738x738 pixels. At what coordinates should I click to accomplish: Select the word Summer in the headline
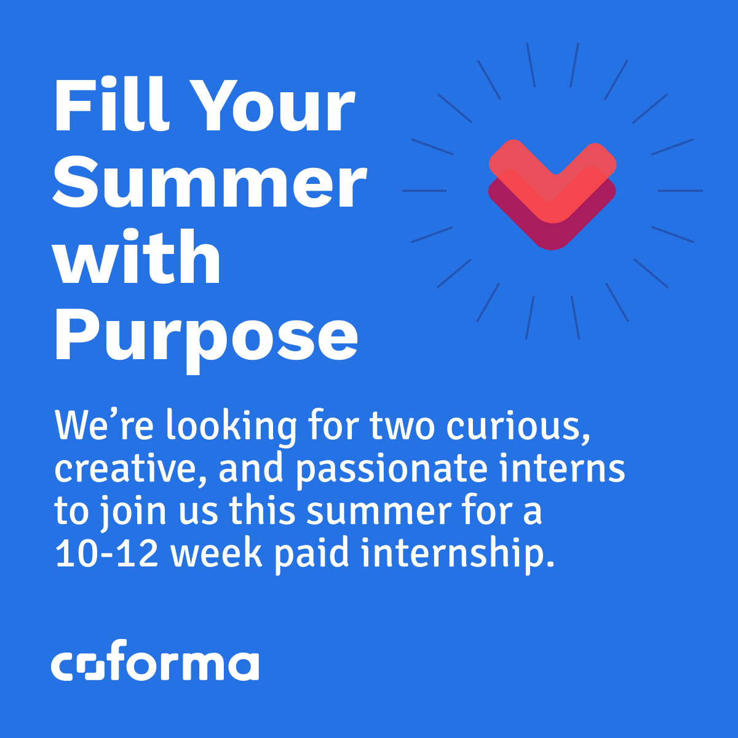point(210,181)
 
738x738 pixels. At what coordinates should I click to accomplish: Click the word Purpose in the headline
point(206,335)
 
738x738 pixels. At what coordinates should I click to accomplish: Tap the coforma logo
point(154,665)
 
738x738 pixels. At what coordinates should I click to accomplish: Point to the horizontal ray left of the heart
point(424,191)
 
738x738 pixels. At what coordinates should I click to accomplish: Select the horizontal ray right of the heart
point(680,191)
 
